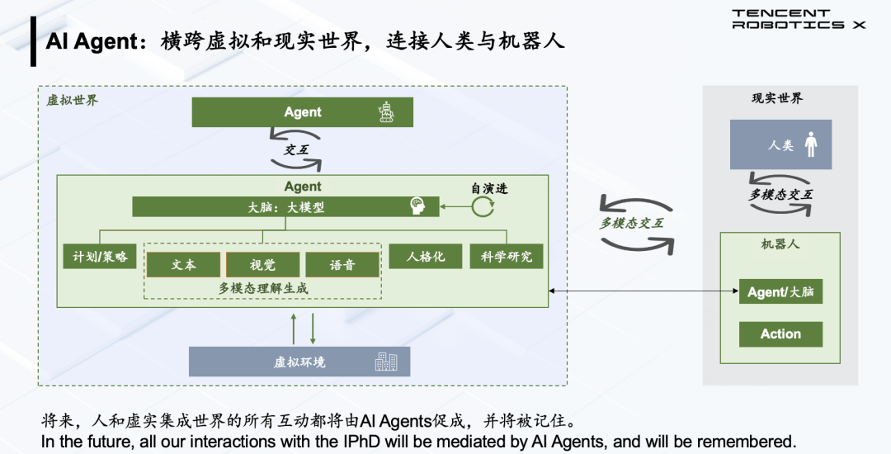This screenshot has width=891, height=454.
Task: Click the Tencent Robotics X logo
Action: (799, 19)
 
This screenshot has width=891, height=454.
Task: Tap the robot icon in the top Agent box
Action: (385, 112)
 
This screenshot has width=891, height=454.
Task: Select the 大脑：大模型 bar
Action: (285, 207)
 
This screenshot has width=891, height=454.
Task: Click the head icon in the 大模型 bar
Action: (417, 207)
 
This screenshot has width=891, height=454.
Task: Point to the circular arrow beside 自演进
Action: (483, 206)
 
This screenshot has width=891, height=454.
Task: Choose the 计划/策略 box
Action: (99, 256)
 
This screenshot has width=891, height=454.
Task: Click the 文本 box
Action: (183, 264)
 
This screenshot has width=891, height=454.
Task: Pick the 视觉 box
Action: (262, 264)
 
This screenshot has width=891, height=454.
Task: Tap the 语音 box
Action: (342, 264)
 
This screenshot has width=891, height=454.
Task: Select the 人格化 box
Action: (426, 256)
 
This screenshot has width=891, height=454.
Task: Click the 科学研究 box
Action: (507, 256)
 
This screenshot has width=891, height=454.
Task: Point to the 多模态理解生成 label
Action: (263, 287)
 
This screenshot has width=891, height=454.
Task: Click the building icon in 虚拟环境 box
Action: (385, 362)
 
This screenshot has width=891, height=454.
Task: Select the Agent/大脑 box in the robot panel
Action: (780, 292)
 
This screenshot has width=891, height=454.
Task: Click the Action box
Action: (780, 334)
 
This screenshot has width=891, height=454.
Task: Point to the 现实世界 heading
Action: (776, 98)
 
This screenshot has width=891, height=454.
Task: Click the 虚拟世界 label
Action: (72, 101)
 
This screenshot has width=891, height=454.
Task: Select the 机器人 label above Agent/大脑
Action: (780, 244)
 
